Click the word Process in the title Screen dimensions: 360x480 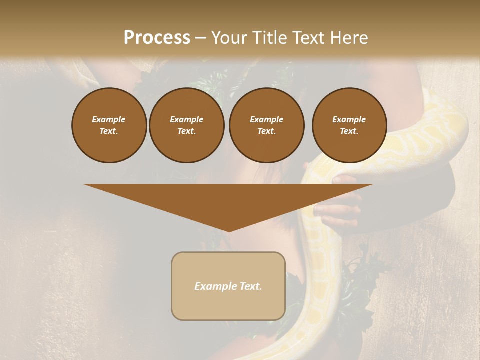coord(157,38)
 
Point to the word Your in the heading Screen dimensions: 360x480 coord(228,38)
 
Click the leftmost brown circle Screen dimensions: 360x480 coord(109,125)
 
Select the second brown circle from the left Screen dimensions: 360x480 coord(187,125)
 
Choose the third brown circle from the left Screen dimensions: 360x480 coord(266,125)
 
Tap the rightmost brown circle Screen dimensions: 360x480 coord(349,125)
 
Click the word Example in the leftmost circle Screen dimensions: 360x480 coord(109,119)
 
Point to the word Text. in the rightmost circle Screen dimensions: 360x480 coord(349,131)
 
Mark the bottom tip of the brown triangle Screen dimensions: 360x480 coord(229,231)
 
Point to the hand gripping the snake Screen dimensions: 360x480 coord(340,205)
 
